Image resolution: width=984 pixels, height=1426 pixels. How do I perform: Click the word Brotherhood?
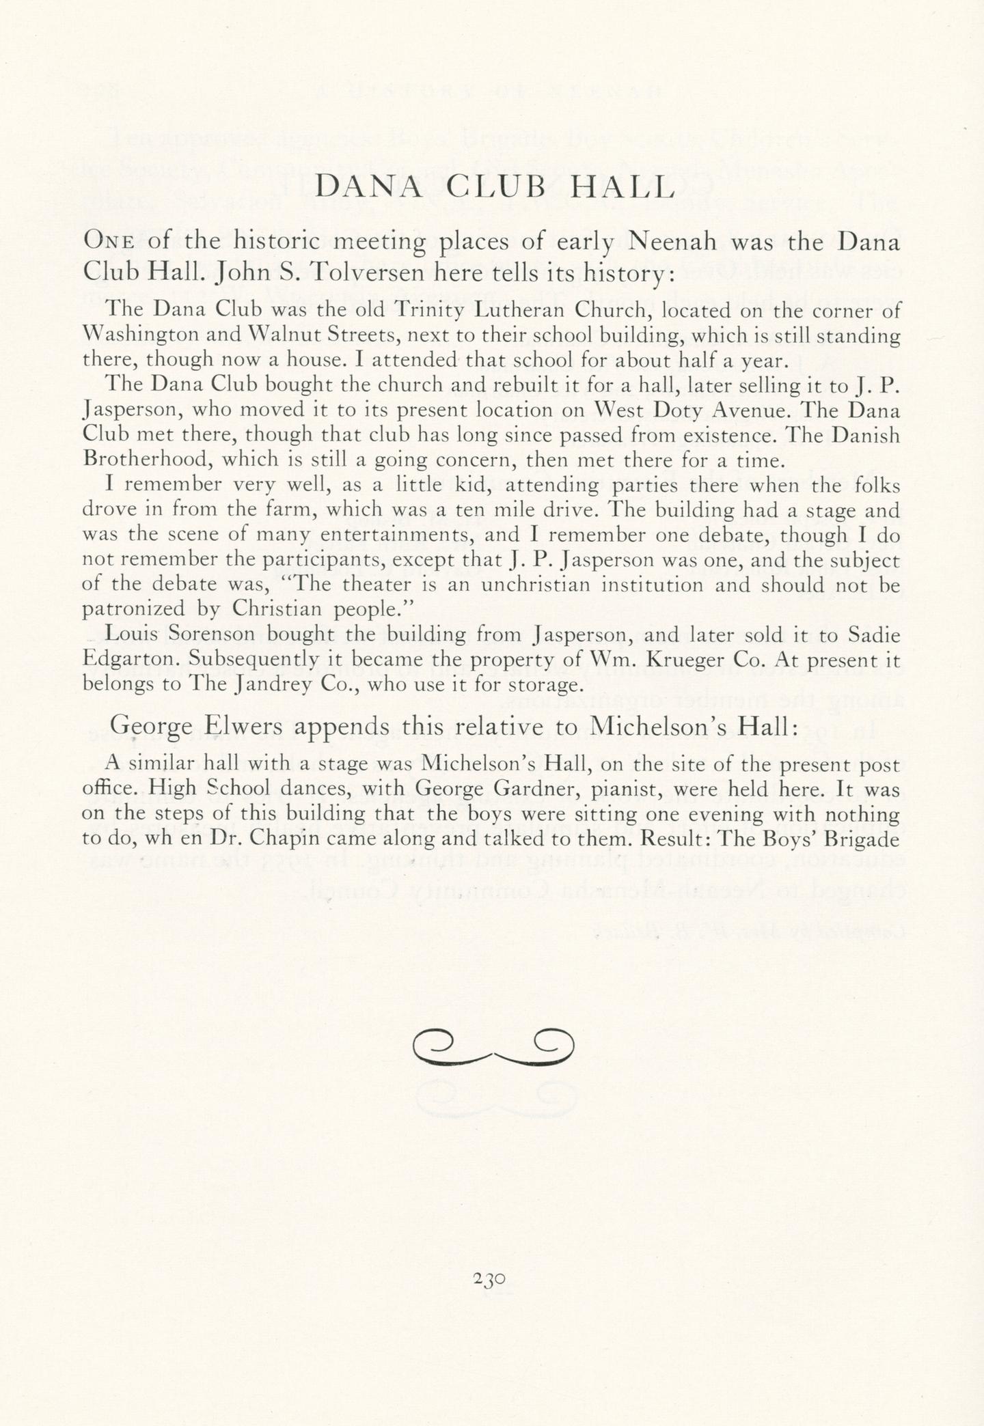[147, 459]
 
